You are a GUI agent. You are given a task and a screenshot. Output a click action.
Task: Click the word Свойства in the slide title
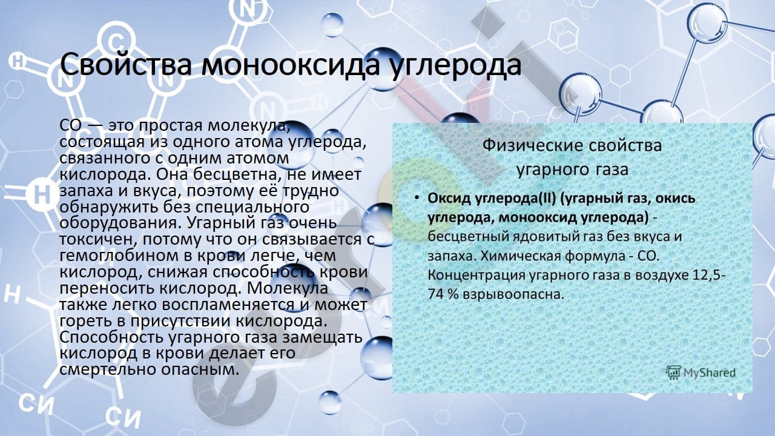[x=126, y=64]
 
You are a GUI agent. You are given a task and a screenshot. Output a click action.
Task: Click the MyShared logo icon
[x=673, y=372]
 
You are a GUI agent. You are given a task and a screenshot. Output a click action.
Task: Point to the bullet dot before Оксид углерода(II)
[x=417, y=197]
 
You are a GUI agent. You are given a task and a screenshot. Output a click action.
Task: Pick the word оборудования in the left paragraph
[x=119, y=223]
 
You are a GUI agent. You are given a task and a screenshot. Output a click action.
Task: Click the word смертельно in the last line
[x=108, y=369]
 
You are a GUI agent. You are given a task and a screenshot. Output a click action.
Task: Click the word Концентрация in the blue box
[x=476, y=276]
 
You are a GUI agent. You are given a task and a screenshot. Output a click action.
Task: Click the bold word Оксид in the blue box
[x=450, y=198]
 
